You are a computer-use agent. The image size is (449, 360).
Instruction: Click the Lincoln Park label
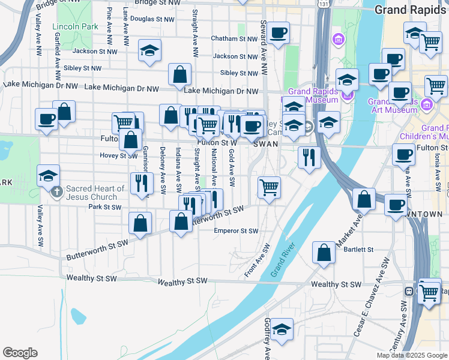pyautogui.click(x=75, y=27)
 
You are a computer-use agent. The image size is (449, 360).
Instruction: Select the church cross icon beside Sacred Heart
pyautogui.click(x=57, y=192)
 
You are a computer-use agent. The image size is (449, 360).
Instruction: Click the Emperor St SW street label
pyautogui.click(x=237, y=231)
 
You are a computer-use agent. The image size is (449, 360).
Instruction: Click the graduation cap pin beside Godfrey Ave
pyautogui.click(x=282, y=329)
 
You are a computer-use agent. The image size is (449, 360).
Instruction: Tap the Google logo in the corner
pyautogui.click(x=20, y=353)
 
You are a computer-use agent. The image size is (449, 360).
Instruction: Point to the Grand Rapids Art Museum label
pyautogui.click(x=393, y=106)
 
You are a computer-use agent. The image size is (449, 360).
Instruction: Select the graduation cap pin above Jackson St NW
pyautogui.click(x=149, y=50)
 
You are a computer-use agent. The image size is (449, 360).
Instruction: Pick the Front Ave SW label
pyautogui.click(x=258, y=261)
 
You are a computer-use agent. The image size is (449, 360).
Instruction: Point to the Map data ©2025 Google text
pyautogui.click(x=411, y=355)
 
